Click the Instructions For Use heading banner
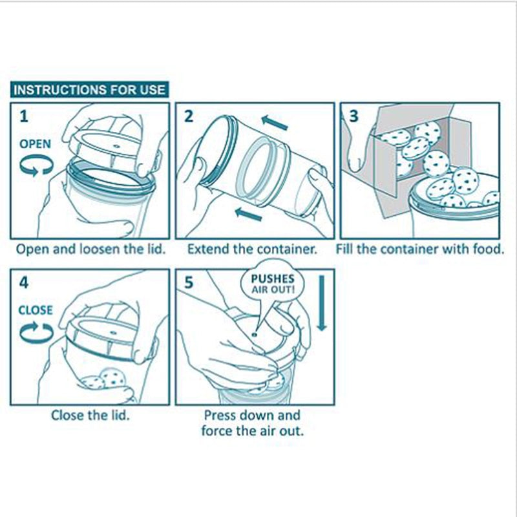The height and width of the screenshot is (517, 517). (x=89, y=90)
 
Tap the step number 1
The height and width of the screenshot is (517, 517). (x=24, y=116)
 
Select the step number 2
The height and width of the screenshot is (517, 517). (x=189, y=116)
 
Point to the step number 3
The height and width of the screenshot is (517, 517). (x=353, y=116)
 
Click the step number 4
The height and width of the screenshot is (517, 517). (x=24, y=282)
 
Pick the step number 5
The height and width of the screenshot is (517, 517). (x=189, y=283)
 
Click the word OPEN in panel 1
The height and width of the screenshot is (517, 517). (x=35, y=143)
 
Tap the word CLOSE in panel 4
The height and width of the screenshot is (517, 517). (x=36, y=310)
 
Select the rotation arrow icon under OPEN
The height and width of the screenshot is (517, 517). (x=36, y=166)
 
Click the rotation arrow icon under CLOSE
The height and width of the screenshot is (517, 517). (x=36, y=332)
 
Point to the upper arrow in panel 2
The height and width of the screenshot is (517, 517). (x=275, y=122)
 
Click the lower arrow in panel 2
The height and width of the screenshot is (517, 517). (x=249, y=215)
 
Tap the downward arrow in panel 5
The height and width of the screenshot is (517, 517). (x=322, y=303)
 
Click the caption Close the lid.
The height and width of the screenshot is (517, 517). (x=90, y=415)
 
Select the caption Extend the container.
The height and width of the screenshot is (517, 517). (x=252, y=249)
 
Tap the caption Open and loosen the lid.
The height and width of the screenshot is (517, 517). (x=90, y=249)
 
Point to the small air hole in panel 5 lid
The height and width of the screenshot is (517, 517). (x=254, y=334)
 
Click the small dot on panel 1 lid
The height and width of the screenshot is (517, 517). (x=116, y=145)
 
